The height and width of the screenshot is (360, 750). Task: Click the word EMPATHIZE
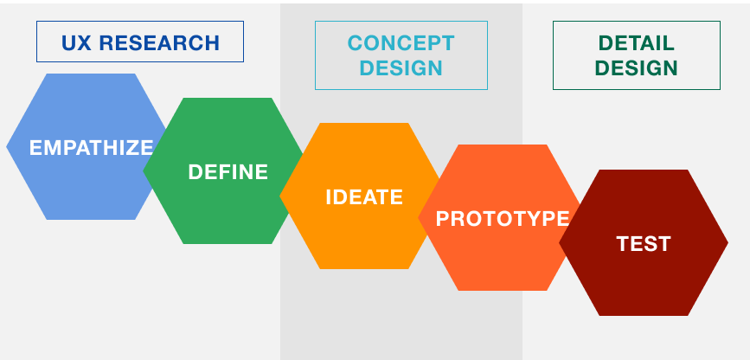click(x=91, y=147)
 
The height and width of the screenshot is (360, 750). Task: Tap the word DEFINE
click(x=228, y=171)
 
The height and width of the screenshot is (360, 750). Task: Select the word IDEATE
click(x=364, y=196)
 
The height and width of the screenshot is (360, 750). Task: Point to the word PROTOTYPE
click(x=503, y=218)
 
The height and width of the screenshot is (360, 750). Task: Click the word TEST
click(x=644, y=244)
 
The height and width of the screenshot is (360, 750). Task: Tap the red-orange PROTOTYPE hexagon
click(x=497, y=255)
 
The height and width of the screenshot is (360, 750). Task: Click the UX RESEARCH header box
click(x=140, y=42)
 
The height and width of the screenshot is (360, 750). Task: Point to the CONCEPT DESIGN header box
click(x=401, y=55)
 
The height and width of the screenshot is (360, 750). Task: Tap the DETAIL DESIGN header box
click(x=637, y=55)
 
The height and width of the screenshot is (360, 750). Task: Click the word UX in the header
click(x=76, y=42)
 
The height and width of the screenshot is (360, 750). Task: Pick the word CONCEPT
click(x=401, y=42)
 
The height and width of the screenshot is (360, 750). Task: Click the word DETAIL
click(x=637, y=42)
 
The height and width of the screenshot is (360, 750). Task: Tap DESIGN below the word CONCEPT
click(x=401, y=68)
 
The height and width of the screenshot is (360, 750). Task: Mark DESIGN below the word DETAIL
click(x=637, y=68)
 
